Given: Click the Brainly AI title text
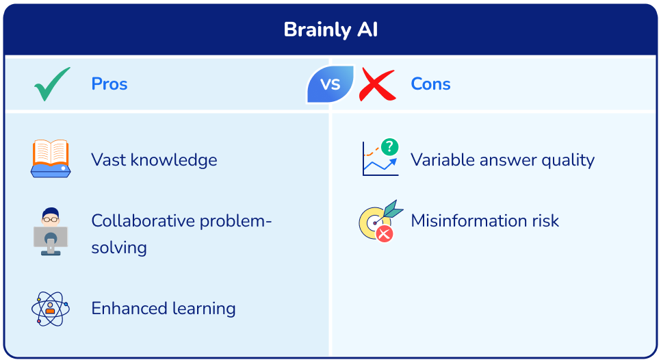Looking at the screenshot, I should point(330,30).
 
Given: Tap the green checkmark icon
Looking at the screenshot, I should point(52,84).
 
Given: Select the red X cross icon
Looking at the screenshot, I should point(377,85).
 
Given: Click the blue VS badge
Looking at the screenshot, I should point(330,84).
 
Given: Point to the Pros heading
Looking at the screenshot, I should point(109,84).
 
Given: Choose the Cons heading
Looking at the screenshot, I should point(430,84).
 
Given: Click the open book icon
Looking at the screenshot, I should point(51,159).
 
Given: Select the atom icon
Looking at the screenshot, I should point(51,309).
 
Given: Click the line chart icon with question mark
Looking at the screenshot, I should point(380,159).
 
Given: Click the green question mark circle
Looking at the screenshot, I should point(389,146).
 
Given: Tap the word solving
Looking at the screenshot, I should point(119,248).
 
